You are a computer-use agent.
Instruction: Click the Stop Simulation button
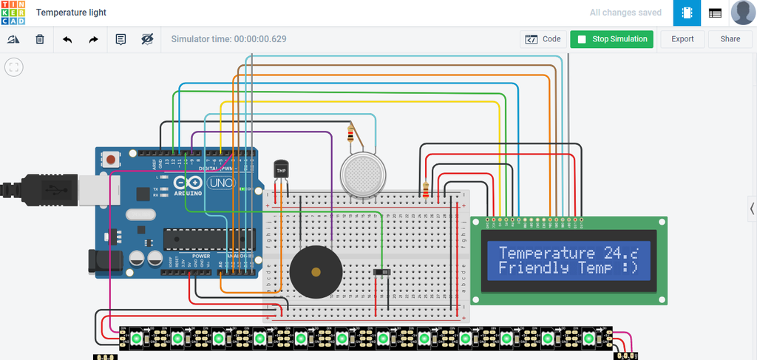(x=611, y=39)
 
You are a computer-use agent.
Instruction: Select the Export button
(x=682, y=39)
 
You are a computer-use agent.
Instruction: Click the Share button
(x=730, y=39)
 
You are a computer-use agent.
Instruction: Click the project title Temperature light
(x=71, y=13)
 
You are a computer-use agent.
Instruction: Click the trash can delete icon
(x=40, y=39)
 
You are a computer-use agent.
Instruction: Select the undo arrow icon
(x=67, y=39)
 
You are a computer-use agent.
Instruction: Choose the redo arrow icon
(x=93, y=39)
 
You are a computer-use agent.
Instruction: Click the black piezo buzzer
(x=316, y=271)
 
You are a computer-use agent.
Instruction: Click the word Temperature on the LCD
(x=546, y=253)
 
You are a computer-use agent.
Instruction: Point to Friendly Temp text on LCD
(x=544, y=268)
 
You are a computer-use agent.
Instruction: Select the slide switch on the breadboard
(x=382, y=274)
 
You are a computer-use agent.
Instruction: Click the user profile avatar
(x=743, y=13)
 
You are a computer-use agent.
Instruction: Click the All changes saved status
(x=625, y=13)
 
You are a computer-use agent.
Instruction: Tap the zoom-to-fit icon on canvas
(x=14, y=67)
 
